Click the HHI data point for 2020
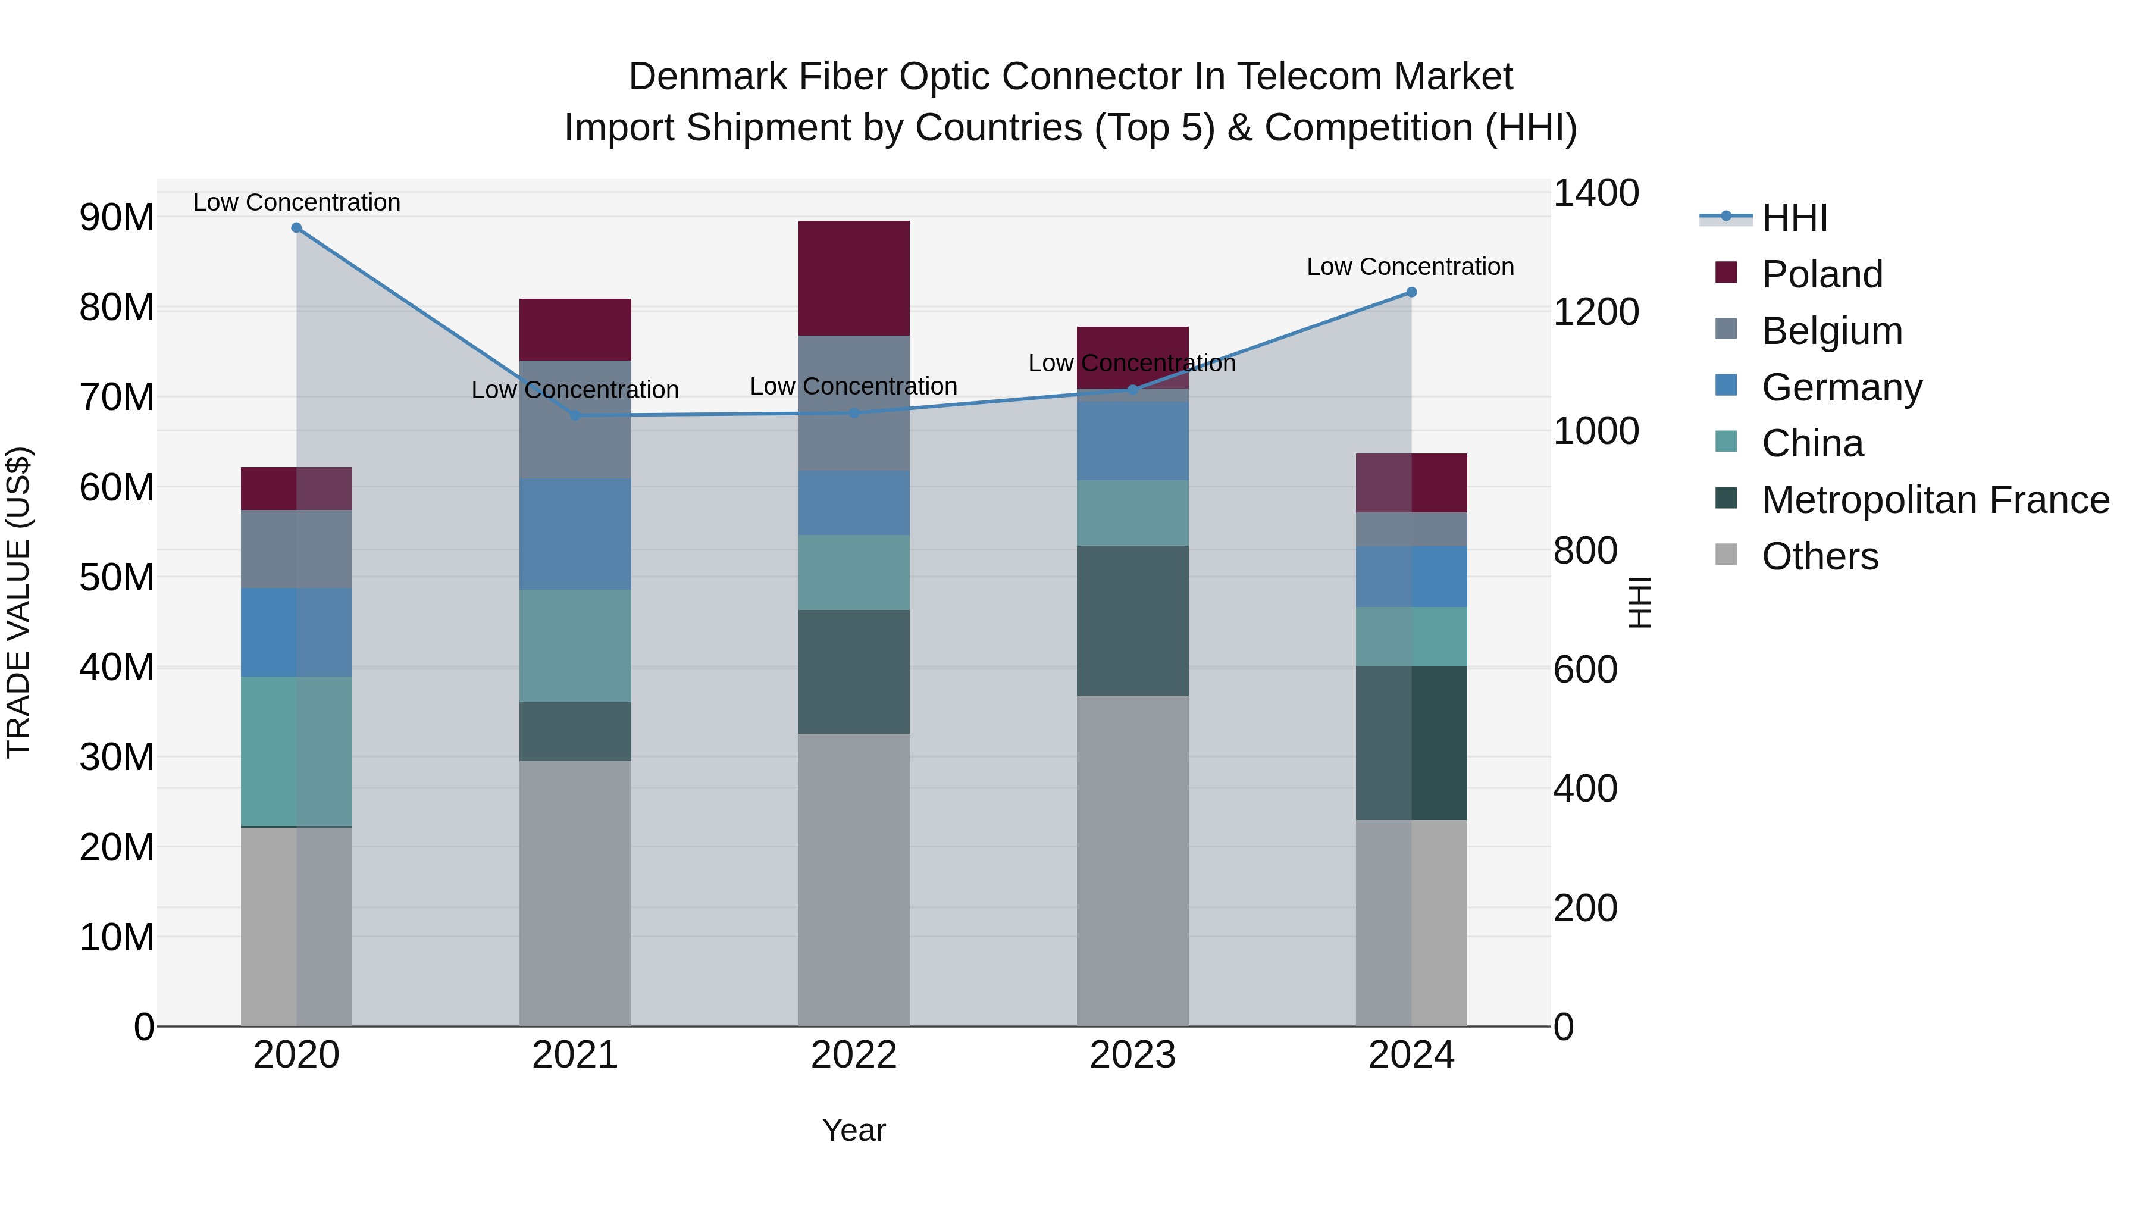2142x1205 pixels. click(x=296, y=228)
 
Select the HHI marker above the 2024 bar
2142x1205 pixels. click(x=1411, y=292)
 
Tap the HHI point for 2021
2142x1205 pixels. click(x=575, y=415)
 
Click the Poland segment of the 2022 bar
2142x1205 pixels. click(x=853, y=278)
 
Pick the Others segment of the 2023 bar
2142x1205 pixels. click(x=1132, y=860)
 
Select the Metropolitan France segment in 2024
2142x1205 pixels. click(x=1411, y=743)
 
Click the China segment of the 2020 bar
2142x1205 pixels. click(x=296, y=750)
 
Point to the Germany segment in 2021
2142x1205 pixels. click(x=575, y=534)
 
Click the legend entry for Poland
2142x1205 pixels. click(x=1821, y=274)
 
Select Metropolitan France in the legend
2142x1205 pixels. click(x=1934, y=500)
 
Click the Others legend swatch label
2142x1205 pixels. click(x=1820, y=556)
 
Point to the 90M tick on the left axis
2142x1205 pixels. click(x=117, y=218)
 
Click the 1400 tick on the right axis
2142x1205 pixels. click(x=1595, y=193)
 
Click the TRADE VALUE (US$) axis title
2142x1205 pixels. click(x=18, y=602)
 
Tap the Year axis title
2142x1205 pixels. click(x=853, y=1130)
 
